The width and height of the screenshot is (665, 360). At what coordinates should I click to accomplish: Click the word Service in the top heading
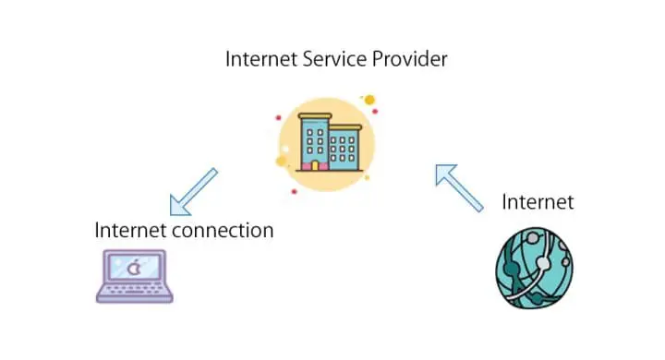(x=336, y=60)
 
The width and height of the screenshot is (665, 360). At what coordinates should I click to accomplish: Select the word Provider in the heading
(x=410, y=60)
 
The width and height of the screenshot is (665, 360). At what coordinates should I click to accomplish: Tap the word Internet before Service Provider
(x=261, y=60)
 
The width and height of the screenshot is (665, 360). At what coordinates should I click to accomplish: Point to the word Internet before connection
(x=128, y=230)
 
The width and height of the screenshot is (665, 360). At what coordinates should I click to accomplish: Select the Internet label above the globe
(x=538, y=202)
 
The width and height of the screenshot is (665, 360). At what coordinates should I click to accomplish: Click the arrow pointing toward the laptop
(x=193, y=191)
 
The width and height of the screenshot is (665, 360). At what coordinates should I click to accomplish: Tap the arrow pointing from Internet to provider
(x=459, y=187)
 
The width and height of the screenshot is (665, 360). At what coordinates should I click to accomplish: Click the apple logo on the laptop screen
(x=134, y=269)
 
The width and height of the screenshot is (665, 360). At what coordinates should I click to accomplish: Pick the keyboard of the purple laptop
(x=135, y=294)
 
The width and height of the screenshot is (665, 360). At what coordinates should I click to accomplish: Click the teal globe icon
(x=533, y=267)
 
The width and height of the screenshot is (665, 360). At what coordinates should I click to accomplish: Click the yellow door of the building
(x=313, y=165)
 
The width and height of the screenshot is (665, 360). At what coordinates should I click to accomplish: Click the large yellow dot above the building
(x=369, y=100)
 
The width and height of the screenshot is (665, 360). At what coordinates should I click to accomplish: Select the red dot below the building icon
(x=294, y=191)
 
